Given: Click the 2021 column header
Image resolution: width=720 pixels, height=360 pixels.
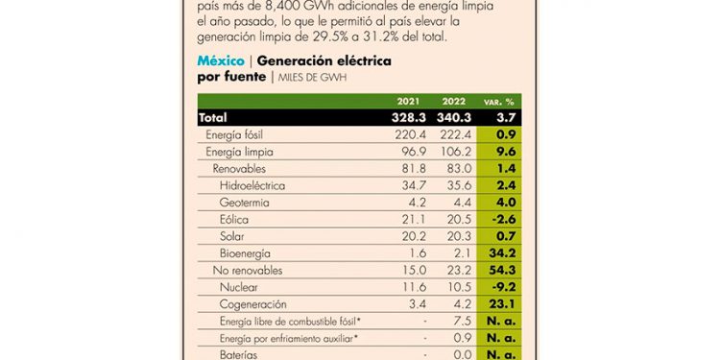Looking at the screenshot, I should tap(408, 101).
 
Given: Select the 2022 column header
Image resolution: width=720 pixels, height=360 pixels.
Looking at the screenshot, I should tap(453, 101).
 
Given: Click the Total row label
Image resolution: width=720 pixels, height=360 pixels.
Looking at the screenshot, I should tap(213, 117).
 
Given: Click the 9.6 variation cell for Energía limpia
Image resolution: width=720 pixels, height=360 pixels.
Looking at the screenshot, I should tap(504, 152).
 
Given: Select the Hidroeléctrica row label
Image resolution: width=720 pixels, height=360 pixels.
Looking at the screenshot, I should tap(254, 185).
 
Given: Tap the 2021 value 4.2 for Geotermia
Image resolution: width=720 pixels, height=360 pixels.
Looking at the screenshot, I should tap(414, 203).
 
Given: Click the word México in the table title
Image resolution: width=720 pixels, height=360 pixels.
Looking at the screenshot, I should tap(219, 60).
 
